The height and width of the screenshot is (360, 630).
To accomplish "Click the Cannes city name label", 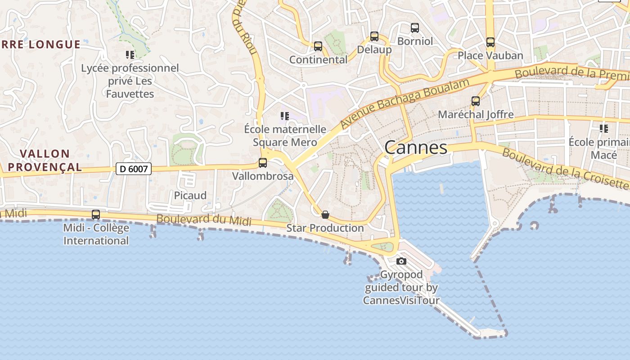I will [x=416, y=148].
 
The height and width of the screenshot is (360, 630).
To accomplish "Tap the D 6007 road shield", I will [x=134, y=169].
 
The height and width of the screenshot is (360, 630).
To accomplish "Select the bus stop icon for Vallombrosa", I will [x=263, y=163].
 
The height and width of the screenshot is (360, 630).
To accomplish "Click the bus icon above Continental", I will [x=318, y=46].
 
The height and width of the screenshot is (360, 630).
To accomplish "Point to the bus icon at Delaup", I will [x=374, y=36].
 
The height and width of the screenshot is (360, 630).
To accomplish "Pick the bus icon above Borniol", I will [x=415, y=28].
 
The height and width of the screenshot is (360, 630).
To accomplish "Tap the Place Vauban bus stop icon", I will [x=490, y=42].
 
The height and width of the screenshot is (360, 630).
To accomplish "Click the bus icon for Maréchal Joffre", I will [x=476, y=101].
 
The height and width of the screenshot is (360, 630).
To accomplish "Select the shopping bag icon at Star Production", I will [x=325, y=215].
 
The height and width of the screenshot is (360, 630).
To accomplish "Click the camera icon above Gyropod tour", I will [x=401, y=261].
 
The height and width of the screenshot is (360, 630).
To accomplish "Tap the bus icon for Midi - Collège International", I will [x=96, y=215].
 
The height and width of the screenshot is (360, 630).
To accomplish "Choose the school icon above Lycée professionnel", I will [x=130, y=55].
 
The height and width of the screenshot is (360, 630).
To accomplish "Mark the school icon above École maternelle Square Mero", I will [x=284, y=116].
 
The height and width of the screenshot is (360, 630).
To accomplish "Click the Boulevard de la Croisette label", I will [x=565, y=168].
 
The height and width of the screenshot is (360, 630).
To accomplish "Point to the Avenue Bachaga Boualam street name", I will [x=405, y=102].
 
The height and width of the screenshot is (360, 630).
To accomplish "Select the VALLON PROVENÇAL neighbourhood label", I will [x=45, y=161].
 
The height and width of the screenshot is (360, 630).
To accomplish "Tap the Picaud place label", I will [x=190, y=195].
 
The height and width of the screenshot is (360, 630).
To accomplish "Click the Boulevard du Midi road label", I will [x=204, y=220].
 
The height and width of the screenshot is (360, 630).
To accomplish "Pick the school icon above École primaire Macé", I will [x=604, y=129].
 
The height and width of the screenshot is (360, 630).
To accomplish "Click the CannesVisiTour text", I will [x=401, y=300].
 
